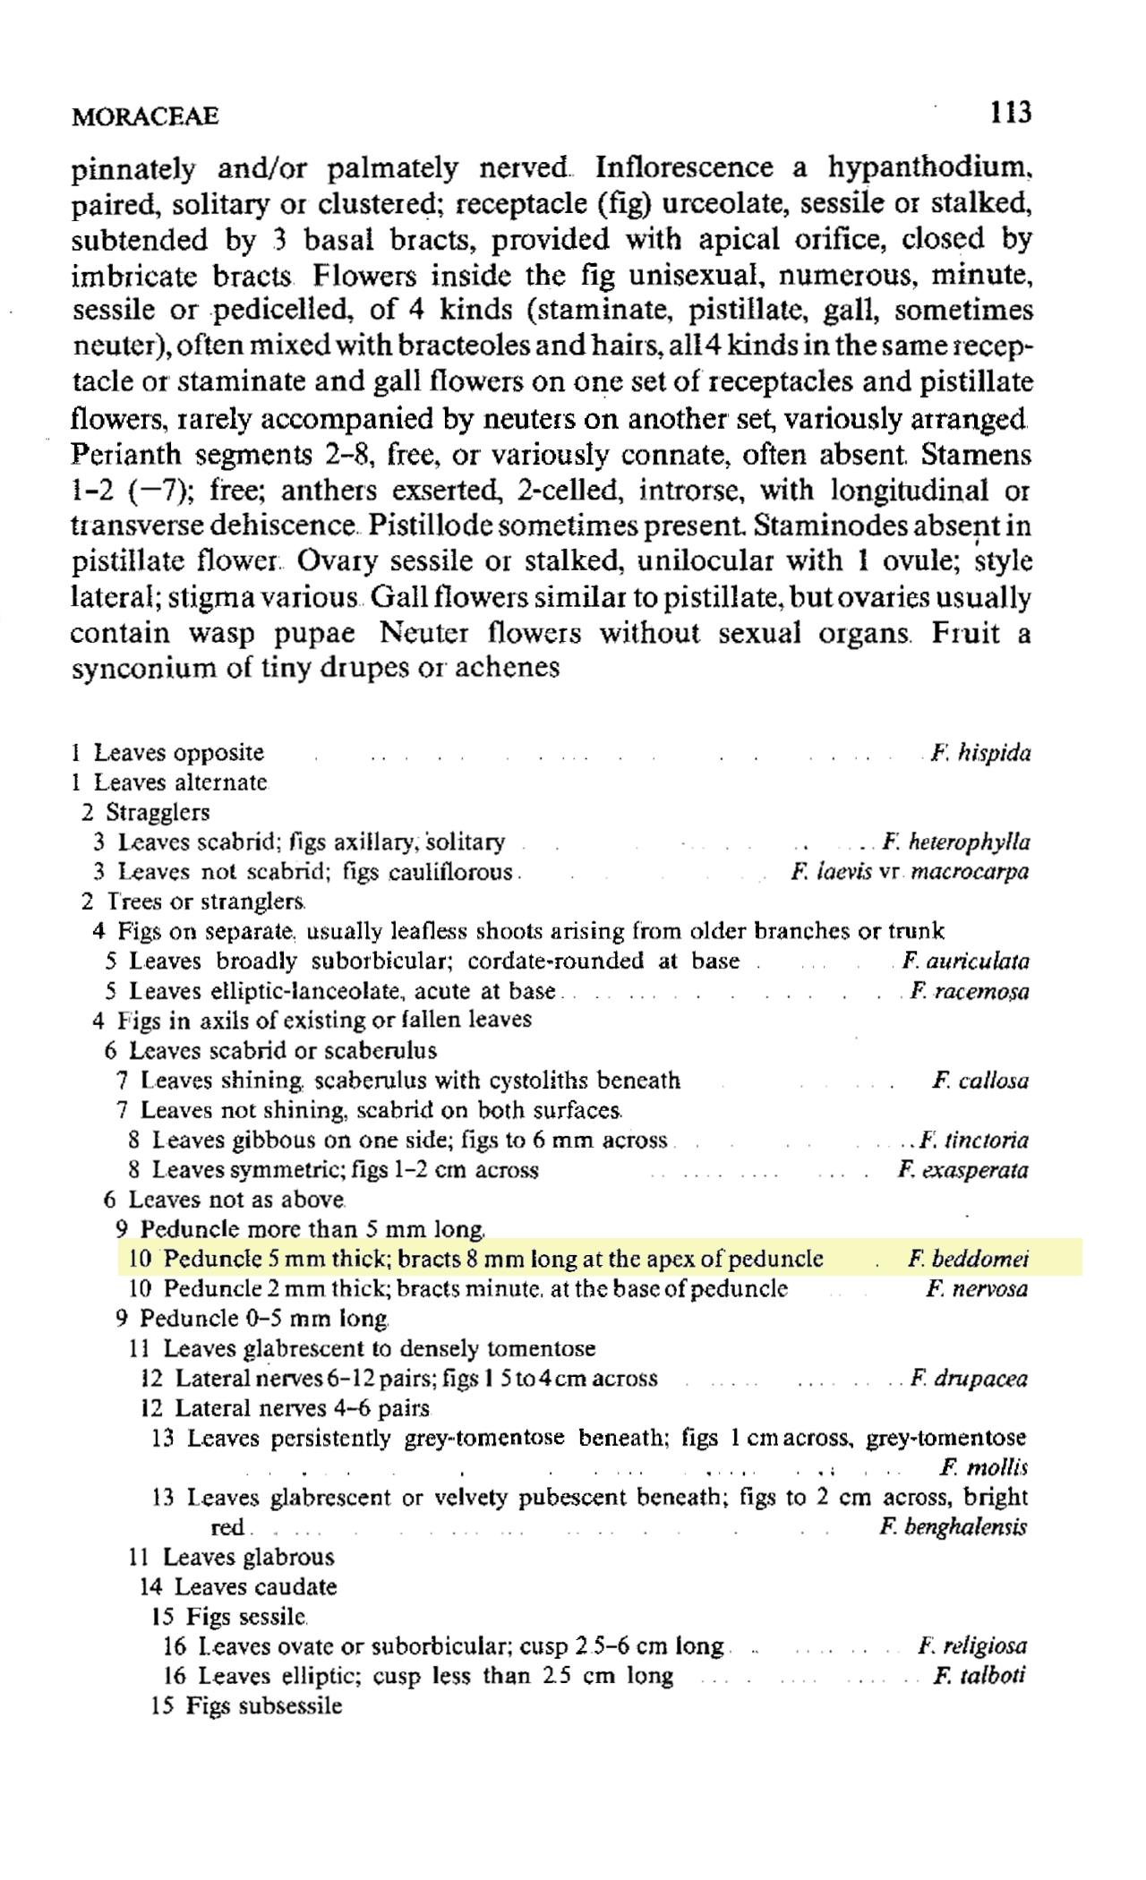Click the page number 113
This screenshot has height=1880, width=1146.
tap(1011, 113)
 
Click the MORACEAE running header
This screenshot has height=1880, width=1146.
tap(145, 116)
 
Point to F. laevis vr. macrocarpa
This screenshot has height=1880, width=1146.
tap(910, 871)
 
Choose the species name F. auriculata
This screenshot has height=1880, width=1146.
tap(965, 961)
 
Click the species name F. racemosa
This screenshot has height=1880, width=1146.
tap(969, 991)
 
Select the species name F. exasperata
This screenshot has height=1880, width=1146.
tap(962, 1170)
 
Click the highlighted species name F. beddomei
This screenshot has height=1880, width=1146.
tap(968, 1260)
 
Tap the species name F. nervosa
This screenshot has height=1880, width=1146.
tap(977, 1289)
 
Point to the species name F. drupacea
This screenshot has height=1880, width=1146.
tap(969, 1379)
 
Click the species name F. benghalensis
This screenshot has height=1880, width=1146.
tap(954, 1527)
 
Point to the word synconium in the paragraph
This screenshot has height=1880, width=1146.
tap(141, 669)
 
